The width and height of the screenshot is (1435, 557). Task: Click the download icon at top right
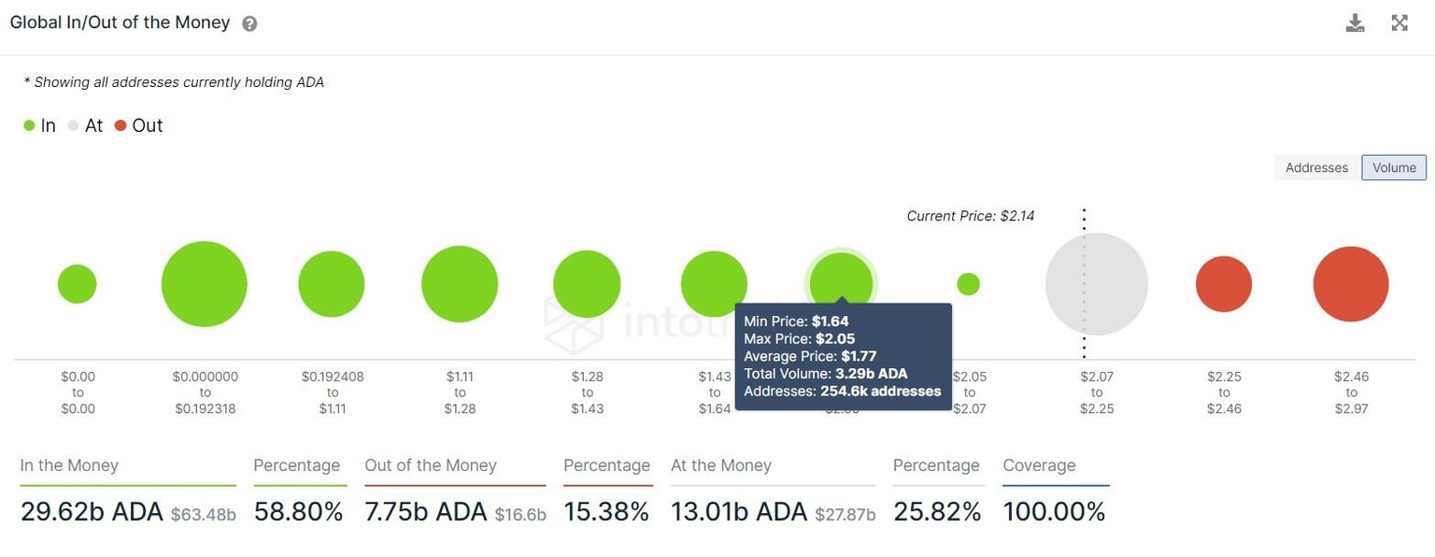[x=1355, y=23]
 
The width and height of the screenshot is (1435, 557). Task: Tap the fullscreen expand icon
[x=1399, y=23]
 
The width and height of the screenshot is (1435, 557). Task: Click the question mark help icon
[x=249, y=24]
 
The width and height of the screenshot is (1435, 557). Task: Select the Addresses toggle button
[x=1316, y=167]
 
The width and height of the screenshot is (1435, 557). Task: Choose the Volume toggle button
[x=1394, y=167]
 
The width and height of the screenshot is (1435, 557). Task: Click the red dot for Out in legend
[x=121, y=126]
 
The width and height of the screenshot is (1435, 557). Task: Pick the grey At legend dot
[x=74, y=126]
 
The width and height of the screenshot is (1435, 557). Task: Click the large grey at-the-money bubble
[x=1096, y=284]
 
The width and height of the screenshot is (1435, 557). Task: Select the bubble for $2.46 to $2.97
[x=1351, y=284]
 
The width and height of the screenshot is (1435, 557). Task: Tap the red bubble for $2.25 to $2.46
[x=1224, y=284]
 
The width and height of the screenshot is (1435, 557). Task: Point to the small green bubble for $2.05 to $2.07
[x=969, y=284]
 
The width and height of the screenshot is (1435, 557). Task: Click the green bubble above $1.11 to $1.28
[x=460, y=284]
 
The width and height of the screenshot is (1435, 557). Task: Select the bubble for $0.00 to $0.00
[x=78, y=284]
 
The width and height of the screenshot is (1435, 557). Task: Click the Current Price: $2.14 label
[x=970, y=216]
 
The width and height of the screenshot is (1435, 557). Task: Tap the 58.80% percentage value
[x=296, y=511]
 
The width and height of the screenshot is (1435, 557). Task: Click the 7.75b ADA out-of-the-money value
[x=426, y=511]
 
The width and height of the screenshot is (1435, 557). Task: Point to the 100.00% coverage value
[x=1054, y=511]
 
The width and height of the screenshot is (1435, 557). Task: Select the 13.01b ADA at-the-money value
[x=739, y=511]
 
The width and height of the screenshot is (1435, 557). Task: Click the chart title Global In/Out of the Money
[x=120, y=22]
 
